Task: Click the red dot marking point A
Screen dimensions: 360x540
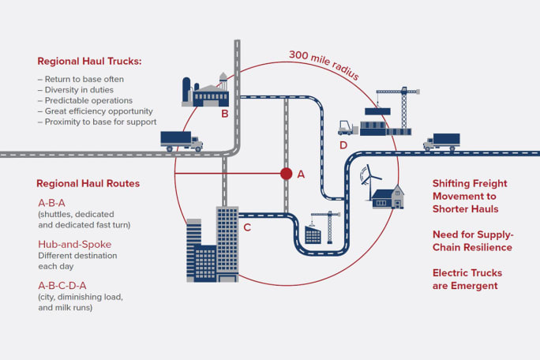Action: (286, 174)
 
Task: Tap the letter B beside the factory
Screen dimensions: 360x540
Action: (225, 114)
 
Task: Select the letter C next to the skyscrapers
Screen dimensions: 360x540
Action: (247, 228)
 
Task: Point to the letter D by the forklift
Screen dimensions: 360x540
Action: (343, 145)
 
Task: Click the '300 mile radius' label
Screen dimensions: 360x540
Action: (324, 66)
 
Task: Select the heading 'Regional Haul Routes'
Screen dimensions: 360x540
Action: (88, 183)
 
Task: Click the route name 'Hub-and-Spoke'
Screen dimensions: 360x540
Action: (75, 244)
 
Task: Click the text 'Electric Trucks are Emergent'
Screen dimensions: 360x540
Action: (467, 279)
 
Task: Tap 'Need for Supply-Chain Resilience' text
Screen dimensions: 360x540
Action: (471, 241)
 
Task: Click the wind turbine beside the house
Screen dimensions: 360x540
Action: (365, 178)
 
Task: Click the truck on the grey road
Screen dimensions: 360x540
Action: (181, 141)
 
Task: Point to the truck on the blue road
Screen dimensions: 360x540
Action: (441, 142)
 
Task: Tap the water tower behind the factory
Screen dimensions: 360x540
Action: (223, 81)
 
